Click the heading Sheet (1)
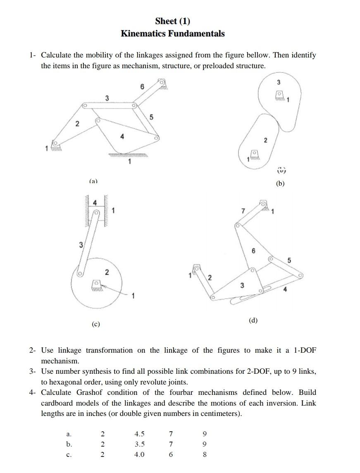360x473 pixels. coord(172,21)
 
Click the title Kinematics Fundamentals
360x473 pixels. coord(172,33)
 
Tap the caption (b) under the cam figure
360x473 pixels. coord(281,184)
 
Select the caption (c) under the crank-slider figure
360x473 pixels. coord(96,325)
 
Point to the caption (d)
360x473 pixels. coord(253,320)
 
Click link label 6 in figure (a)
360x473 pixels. coord(142,87)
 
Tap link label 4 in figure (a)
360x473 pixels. coord(122,136)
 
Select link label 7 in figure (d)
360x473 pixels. coord(243,211)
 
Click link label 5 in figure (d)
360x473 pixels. coord(289,260)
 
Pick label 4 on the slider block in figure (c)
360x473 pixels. coord(95,203)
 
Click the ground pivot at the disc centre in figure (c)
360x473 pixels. coord(96,283)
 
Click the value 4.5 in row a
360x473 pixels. coord(139,434)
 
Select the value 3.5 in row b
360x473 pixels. coord(139,444)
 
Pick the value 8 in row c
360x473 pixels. coord(205,454)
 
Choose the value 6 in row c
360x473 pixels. coord(171,454)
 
